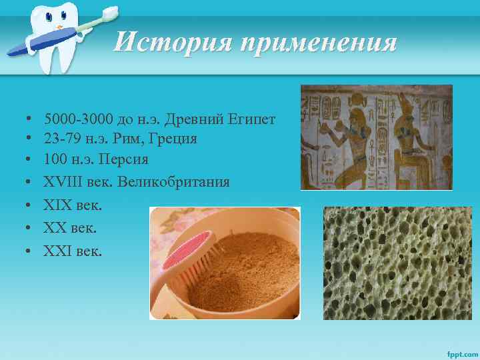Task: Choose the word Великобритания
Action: coord(173,181)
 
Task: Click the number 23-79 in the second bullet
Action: coord(60,139)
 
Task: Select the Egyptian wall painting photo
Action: coord(376,137)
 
